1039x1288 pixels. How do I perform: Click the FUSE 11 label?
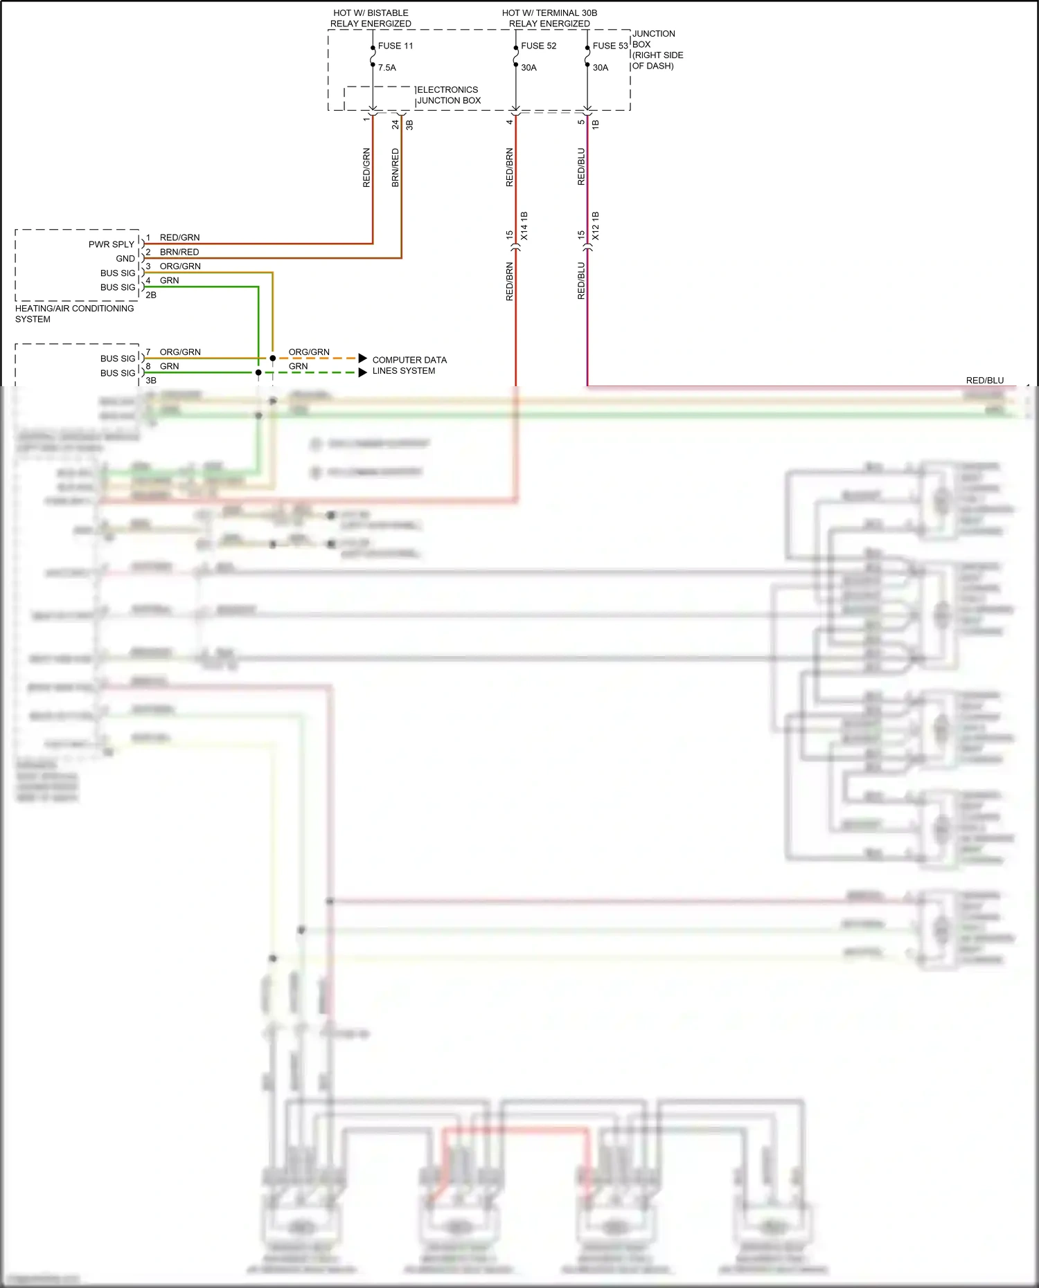395,46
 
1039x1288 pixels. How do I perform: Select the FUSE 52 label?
538,46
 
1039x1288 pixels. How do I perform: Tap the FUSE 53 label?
610,46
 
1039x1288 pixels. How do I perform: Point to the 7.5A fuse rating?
387,68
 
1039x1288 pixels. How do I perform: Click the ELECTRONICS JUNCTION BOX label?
448,95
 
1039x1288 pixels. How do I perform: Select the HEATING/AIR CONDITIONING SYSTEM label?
74,314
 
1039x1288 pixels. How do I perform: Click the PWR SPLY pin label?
112,244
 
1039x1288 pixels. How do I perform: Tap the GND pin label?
125,259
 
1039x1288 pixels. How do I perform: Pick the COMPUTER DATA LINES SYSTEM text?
409,365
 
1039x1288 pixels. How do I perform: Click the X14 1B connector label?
524,226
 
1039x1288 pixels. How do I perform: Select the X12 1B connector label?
596,226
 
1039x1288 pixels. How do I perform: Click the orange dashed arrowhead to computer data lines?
362,358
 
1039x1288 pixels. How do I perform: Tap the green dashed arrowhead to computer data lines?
362,372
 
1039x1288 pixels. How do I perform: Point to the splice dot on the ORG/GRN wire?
273,358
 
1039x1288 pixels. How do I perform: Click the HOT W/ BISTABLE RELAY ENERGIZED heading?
371,18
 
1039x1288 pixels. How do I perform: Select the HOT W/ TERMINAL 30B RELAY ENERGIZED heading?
549,18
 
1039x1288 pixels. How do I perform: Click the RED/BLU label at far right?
984,380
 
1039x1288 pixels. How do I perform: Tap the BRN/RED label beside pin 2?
179,252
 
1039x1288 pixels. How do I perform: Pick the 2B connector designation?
151,295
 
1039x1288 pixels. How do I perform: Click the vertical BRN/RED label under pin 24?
396,167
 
